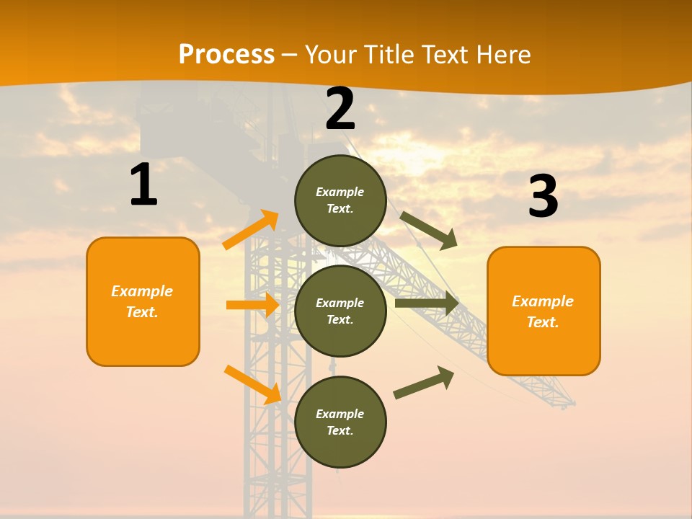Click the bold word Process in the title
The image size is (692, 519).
pos(226,54)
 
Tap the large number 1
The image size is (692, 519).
pos(143,185)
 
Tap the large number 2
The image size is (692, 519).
pos(340,109)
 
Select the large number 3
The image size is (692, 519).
pos(543,197)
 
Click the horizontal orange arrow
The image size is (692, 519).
pos(252,305)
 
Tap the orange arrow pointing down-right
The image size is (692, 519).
pos(252,384)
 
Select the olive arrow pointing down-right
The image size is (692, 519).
pos(429,231)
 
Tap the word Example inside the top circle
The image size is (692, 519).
pos(340,192)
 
